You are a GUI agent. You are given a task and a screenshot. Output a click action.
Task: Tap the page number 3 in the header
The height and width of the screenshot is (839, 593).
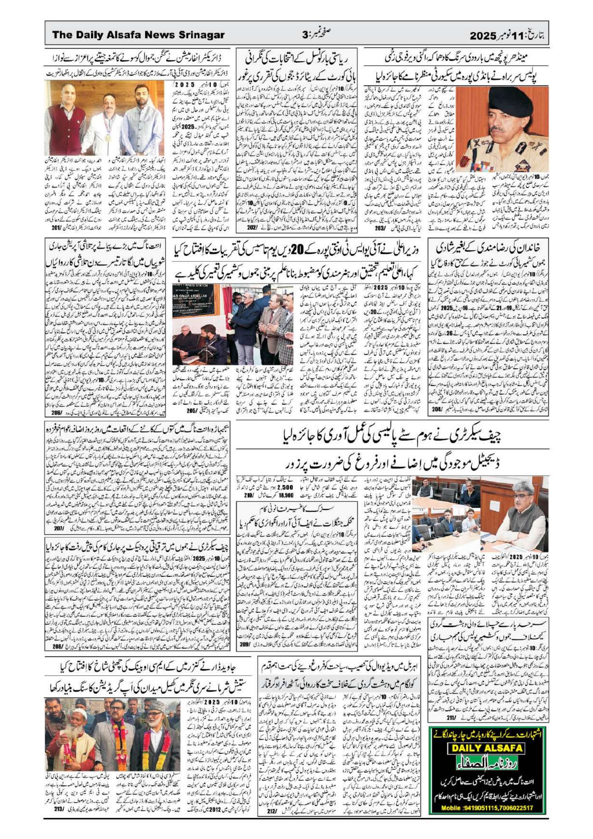[x=305, y=36]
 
